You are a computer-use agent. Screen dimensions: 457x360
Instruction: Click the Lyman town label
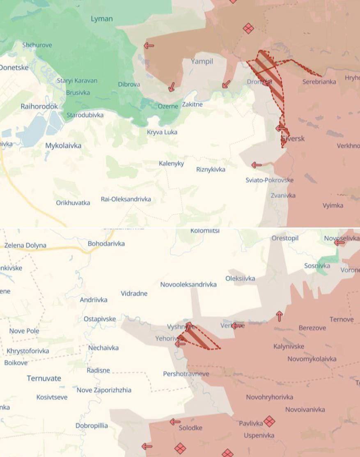101,18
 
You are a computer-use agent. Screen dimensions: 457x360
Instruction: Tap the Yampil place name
202,62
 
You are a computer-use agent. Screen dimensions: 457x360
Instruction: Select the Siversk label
293,139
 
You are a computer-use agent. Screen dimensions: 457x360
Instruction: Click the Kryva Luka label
162,132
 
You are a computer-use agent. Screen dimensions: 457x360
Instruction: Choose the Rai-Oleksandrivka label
126,199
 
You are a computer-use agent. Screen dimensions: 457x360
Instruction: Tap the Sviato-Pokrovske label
270,180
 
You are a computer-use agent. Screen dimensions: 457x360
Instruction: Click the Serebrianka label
319,82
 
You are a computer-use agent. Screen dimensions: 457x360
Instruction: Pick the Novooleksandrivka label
188,285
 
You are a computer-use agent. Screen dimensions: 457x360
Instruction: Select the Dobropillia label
92,425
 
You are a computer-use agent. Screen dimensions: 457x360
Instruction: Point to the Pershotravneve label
186,374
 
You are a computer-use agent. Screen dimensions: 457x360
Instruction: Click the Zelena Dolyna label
25,246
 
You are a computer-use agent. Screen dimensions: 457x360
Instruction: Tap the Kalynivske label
289,347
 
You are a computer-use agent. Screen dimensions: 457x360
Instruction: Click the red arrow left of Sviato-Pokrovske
257,165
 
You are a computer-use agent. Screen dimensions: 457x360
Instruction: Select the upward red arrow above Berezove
280,316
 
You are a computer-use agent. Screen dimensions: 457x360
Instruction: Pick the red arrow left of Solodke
175,422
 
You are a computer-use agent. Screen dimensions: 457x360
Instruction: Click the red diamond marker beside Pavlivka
269,421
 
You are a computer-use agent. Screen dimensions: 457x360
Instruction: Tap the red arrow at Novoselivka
339,243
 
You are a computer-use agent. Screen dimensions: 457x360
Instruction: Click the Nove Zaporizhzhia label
104,390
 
